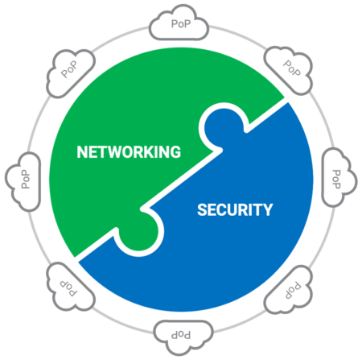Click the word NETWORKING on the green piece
coord(129,152)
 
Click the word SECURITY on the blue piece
coord(235,209)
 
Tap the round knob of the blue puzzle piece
coord(224,127)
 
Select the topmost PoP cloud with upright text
coord(179,23)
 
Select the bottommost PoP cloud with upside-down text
coord(183,337)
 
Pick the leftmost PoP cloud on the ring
coord(23,181)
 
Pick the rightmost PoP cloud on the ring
coord(339,177)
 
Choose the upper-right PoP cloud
coord(289,70)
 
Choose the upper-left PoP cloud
coord(71,73)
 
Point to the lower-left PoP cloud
coord(70,287)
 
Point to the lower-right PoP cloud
coord(289,290)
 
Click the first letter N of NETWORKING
coord(82,152)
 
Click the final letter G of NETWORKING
coord(175,152)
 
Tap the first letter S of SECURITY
coord(203,209)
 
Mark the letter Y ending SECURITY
coord(268,209)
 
